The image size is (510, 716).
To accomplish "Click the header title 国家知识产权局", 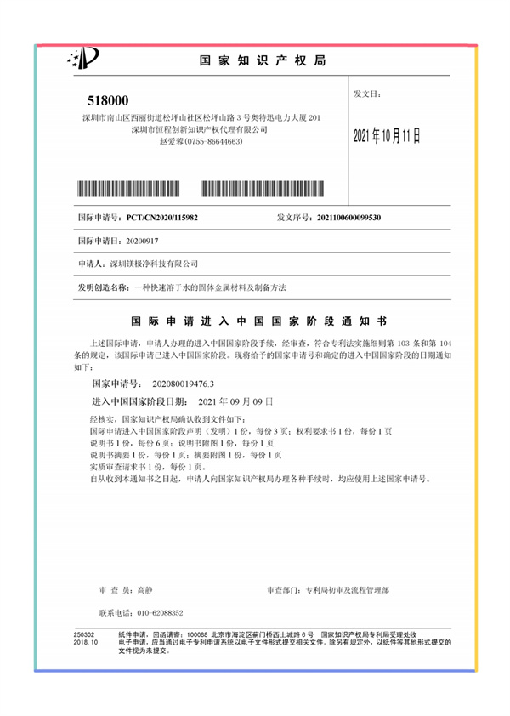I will click(263, 61).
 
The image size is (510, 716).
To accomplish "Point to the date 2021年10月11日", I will click(387, 136).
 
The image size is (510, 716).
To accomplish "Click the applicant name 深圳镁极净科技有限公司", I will click(156, 265).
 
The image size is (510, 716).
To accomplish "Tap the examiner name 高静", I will click(144, 588).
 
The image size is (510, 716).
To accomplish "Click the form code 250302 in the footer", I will click(84, 634).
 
